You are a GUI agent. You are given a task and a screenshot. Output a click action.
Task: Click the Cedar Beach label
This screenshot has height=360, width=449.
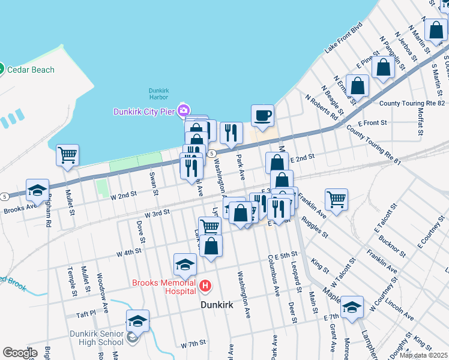tap(30, 70)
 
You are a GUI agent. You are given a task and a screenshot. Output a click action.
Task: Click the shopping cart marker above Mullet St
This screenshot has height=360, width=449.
tap(67, 154)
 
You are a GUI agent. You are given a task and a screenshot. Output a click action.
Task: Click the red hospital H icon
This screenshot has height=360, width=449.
tap(205, 286)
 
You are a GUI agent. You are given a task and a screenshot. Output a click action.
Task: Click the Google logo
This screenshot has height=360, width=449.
tap(20, 353)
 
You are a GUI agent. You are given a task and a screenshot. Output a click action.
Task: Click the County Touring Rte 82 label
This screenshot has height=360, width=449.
tap(412, 104)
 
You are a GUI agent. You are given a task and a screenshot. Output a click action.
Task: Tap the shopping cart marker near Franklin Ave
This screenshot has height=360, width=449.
tap(336, 199)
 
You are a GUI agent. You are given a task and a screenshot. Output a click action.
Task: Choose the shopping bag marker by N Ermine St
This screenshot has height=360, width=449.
tap(357, 86)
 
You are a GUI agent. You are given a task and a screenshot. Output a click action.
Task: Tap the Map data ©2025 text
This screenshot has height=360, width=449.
tap(424, 355)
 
